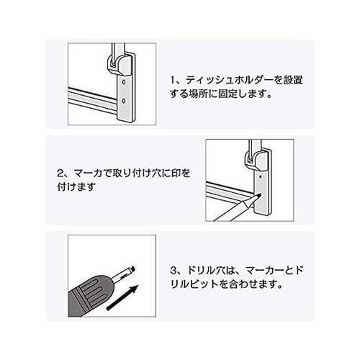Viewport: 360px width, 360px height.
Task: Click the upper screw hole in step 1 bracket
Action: (x=124, y=82)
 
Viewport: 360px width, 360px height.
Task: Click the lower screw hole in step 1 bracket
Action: (x=124, y=101)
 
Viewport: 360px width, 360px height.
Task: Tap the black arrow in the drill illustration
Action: (x=122, y=297)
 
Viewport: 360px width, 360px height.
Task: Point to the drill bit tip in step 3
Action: (x=132, y=269)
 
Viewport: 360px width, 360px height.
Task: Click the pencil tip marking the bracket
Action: (x=258, y=197)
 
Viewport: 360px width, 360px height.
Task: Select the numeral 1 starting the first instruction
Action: (x=172, y=80)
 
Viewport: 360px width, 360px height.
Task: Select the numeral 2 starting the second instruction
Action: (x=60, y=173)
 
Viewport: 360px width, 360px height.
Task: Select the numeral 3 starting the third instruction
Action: (x=173, y=271)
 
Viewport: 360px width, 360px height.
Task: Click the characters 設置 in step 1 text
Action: (x=294, y=80)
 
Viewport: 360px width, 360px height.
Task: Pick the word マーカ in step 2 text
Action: (x=88, y=173)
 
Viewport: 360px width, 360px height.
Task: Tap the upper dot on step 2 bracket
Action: (x=261, y=177)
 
